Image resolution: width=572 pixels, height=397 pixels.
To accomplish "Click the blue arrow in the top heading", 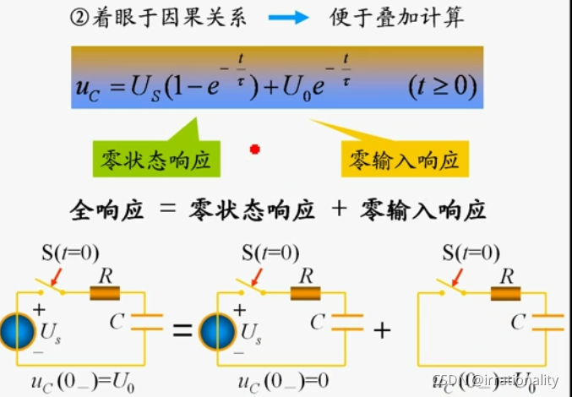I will coord(289,18).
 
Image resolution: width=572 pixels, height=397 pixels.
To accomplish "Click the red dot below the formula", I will coord(254,150).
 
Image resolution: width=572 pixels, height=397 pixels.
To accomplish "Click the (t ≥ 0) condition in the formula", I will coord(441,86).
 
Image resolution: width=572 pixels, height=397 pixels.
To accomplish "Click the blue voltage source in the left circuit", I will coord(14,332).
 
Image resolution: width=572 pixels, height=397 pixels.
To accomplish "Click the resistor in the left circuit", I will coord(105,293).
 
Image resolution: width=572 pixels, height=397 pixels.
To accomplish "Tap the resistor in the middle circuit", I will coord(305,293).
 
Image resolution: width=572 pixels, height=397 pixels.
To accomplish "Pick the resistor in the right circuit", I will coord(506,293).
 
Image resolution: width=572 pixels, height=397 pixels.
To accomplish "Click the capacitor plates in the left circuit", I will coord(149,322).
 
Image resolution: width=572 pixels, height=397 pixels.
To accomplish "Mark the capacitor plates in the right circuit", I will coord(549,322).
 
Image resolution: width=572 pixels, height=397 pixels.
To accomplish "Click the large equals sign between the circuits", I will coord(182,331).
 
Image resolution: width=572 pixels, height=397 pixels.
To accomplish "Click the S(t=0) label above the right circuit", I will coord(471,253).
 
